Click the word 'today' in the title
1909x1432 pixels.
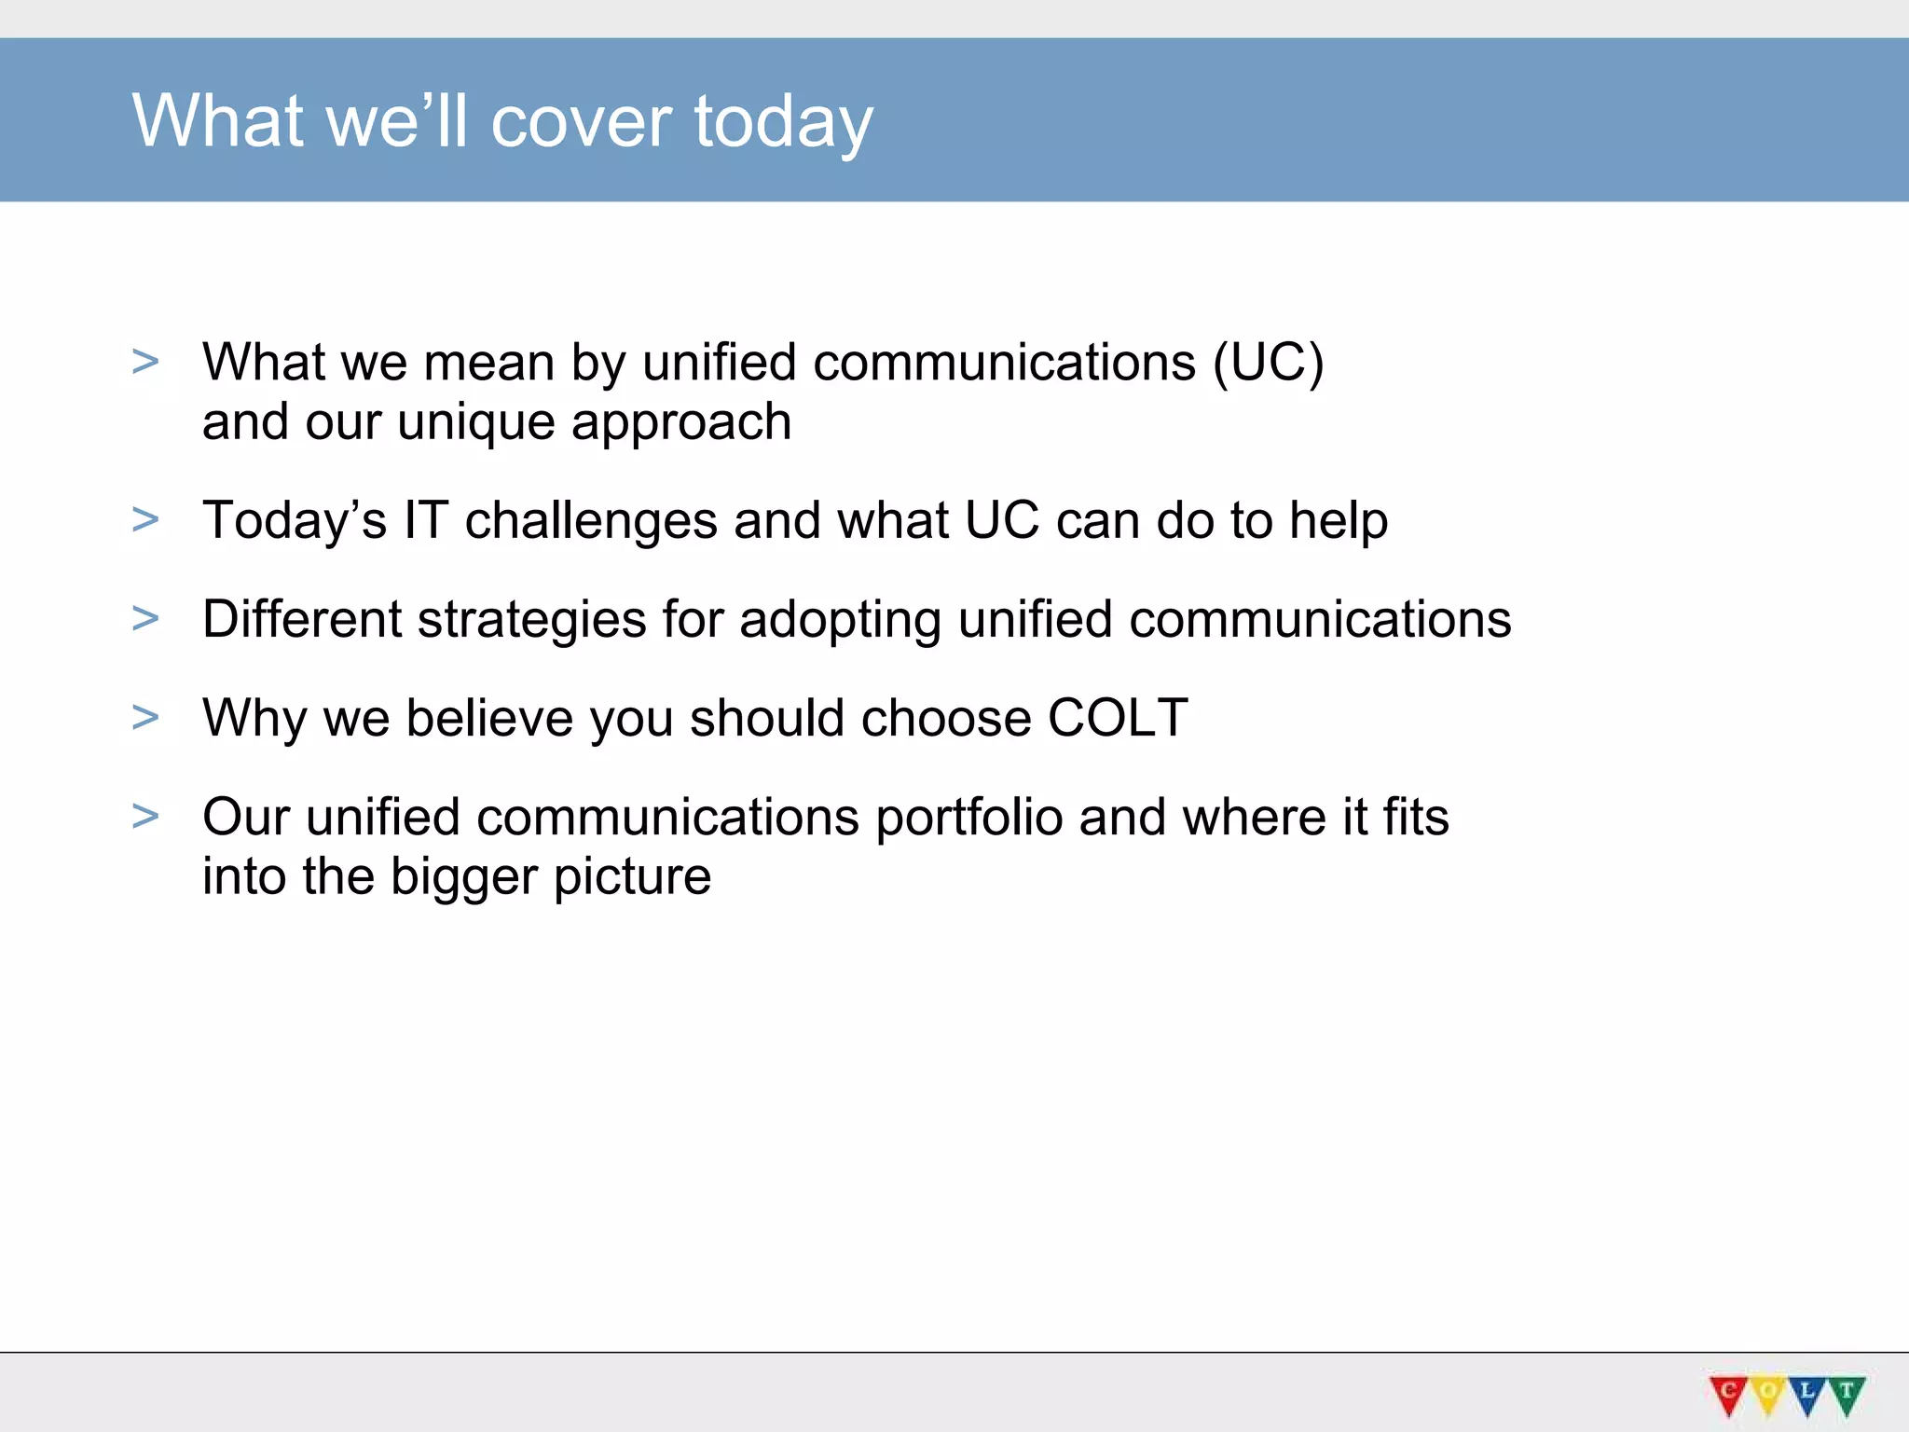pos(784,122)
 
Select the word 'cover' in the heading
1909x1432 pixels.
pos(581,122)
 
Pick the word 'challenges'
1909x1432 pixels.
pos(591,521)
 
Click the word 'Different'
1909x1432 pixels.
pos(301,619)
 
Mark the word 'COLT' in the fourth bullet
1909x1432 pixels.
pos(1118,718)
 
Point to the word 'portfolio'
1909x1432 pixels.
pos(969,818)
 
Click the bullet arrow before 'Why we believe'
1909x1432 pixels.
pos(145,717)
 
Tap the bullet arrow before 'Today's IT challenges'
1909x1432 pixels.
pos(145,519)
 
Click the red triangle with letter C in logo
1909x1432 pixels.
pos(1728,1395)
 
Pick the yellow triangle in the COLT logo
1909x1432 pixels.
pos(1767,1395)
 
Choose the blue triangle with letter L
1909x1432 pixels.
pos(1806,1395)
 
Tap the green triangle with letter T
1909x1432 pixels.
pos(1846,1395)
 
